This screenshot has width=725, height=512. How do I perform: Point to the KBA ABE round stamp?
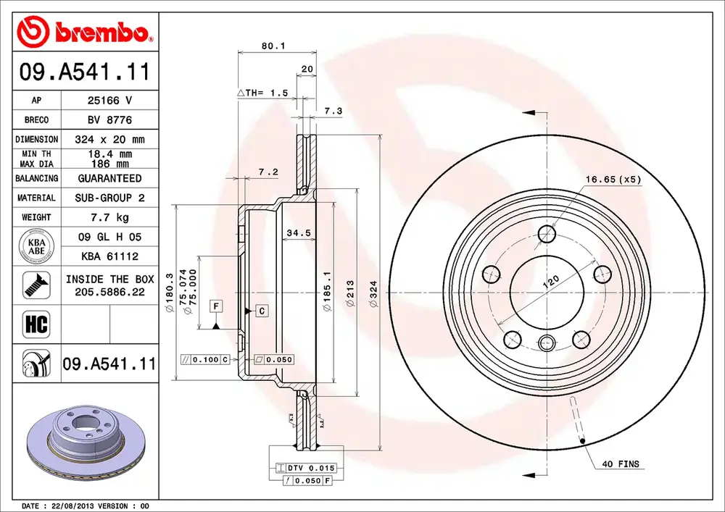point(36,246)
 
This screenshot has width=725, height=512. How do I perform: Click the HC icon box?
point(36,324)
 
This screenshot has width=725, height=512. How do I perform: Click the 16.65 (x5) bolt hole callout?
point(613,180)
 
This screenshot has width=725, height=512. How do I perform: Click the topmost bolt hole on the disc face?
point(547,234)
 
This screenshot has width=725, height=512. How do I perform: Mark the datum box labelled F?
point(216,306)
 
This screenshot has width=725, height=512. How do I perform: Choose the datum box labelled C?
point(261,311)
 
